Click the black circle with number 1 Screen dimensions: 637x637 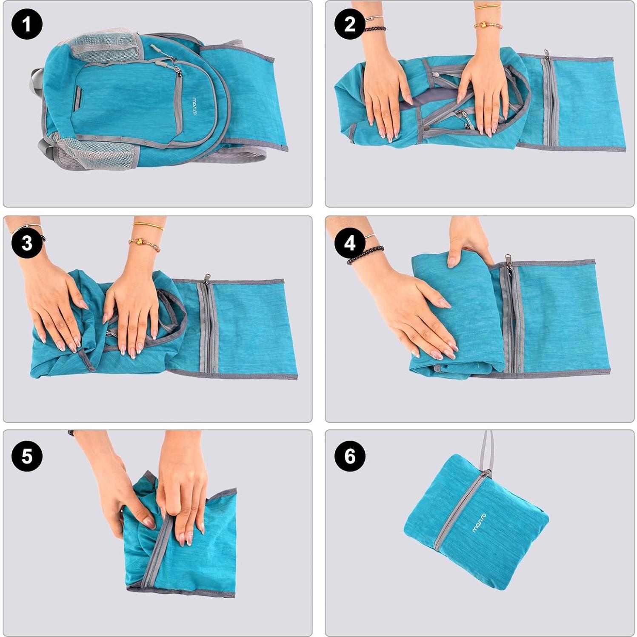[x=27, y=24]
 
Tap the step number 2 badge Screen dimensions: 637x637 [x=349, y=24]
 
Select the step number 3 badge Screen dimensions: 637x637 [x=27, y=243]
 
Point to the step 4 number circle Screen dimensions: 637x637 [x=349, y=243]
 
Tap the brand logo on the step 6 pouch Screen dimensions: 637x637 [x=479, y=523]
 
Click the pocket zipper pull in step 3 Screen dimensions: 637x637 [x=207, y=278]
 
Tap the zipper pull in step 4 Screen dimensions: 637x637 [x=508, y=259]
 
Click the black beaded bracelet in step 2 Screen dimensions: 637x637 [x=374, y=29]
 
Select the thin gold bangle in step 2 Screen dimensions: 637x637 [x=488, y=7]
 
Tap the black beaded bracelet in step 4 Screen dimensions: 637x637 [x=365, y=254]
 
